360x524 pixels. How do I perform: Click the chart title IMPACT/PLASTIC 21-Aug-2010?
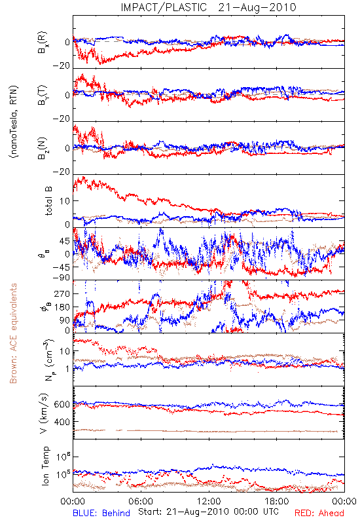pyautogui.click(x=208, y=7)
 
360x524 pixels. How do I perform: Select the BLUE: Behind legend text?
pyautogui.click(x=101, y=513)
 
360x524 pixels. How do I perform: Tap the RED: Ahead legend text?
pyautogui.click(x=319, y=513)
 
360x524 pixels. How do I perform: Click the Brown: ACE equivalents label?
pyautogui.click(x=13, y=333)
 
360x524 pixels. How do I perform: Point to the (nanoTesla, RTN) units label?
pyautogui.click(x=14, y=122)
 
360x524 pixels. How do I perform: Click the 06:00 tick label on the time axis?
pyautogui.click(x=141, y=502)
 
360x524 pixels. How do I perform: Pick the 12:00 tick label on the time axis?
pyautogui.click(x=209, y=502)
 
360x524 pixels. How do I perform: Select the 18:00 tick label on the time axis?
pyautogui.click(x=276, y=502)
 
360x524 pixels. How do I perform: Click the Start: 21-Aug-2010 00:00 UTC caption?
pyautogui.click(x=208, y=512)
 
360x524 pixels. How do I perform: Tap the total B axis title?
pyautogui.click(x=48, y=201)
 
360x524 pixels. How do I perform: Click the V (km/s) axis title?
pyautogui.click(x=44, y=413)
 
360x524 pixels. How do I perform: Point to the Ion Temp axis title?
pyautogui.click(x=45, y=466)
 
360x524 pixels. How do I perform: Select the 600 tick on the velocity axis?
pyautogui.click(x=62, y=404)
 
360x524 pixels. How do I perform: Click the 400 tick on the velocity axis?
pyautogui.click(x=62, y=422)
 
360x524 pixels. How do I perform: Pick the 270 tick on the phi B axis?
pyautogui.click(x=62, y=293)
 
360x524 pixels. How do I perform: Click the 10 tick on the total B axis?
pyautogui.click(x=65, y=201)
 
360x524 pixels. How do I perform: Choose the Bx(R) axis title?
pyautogui.click(x=43, y=43)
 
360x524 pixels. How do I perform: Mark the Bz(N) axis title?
pyautogui.click(x=43, y=148)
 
